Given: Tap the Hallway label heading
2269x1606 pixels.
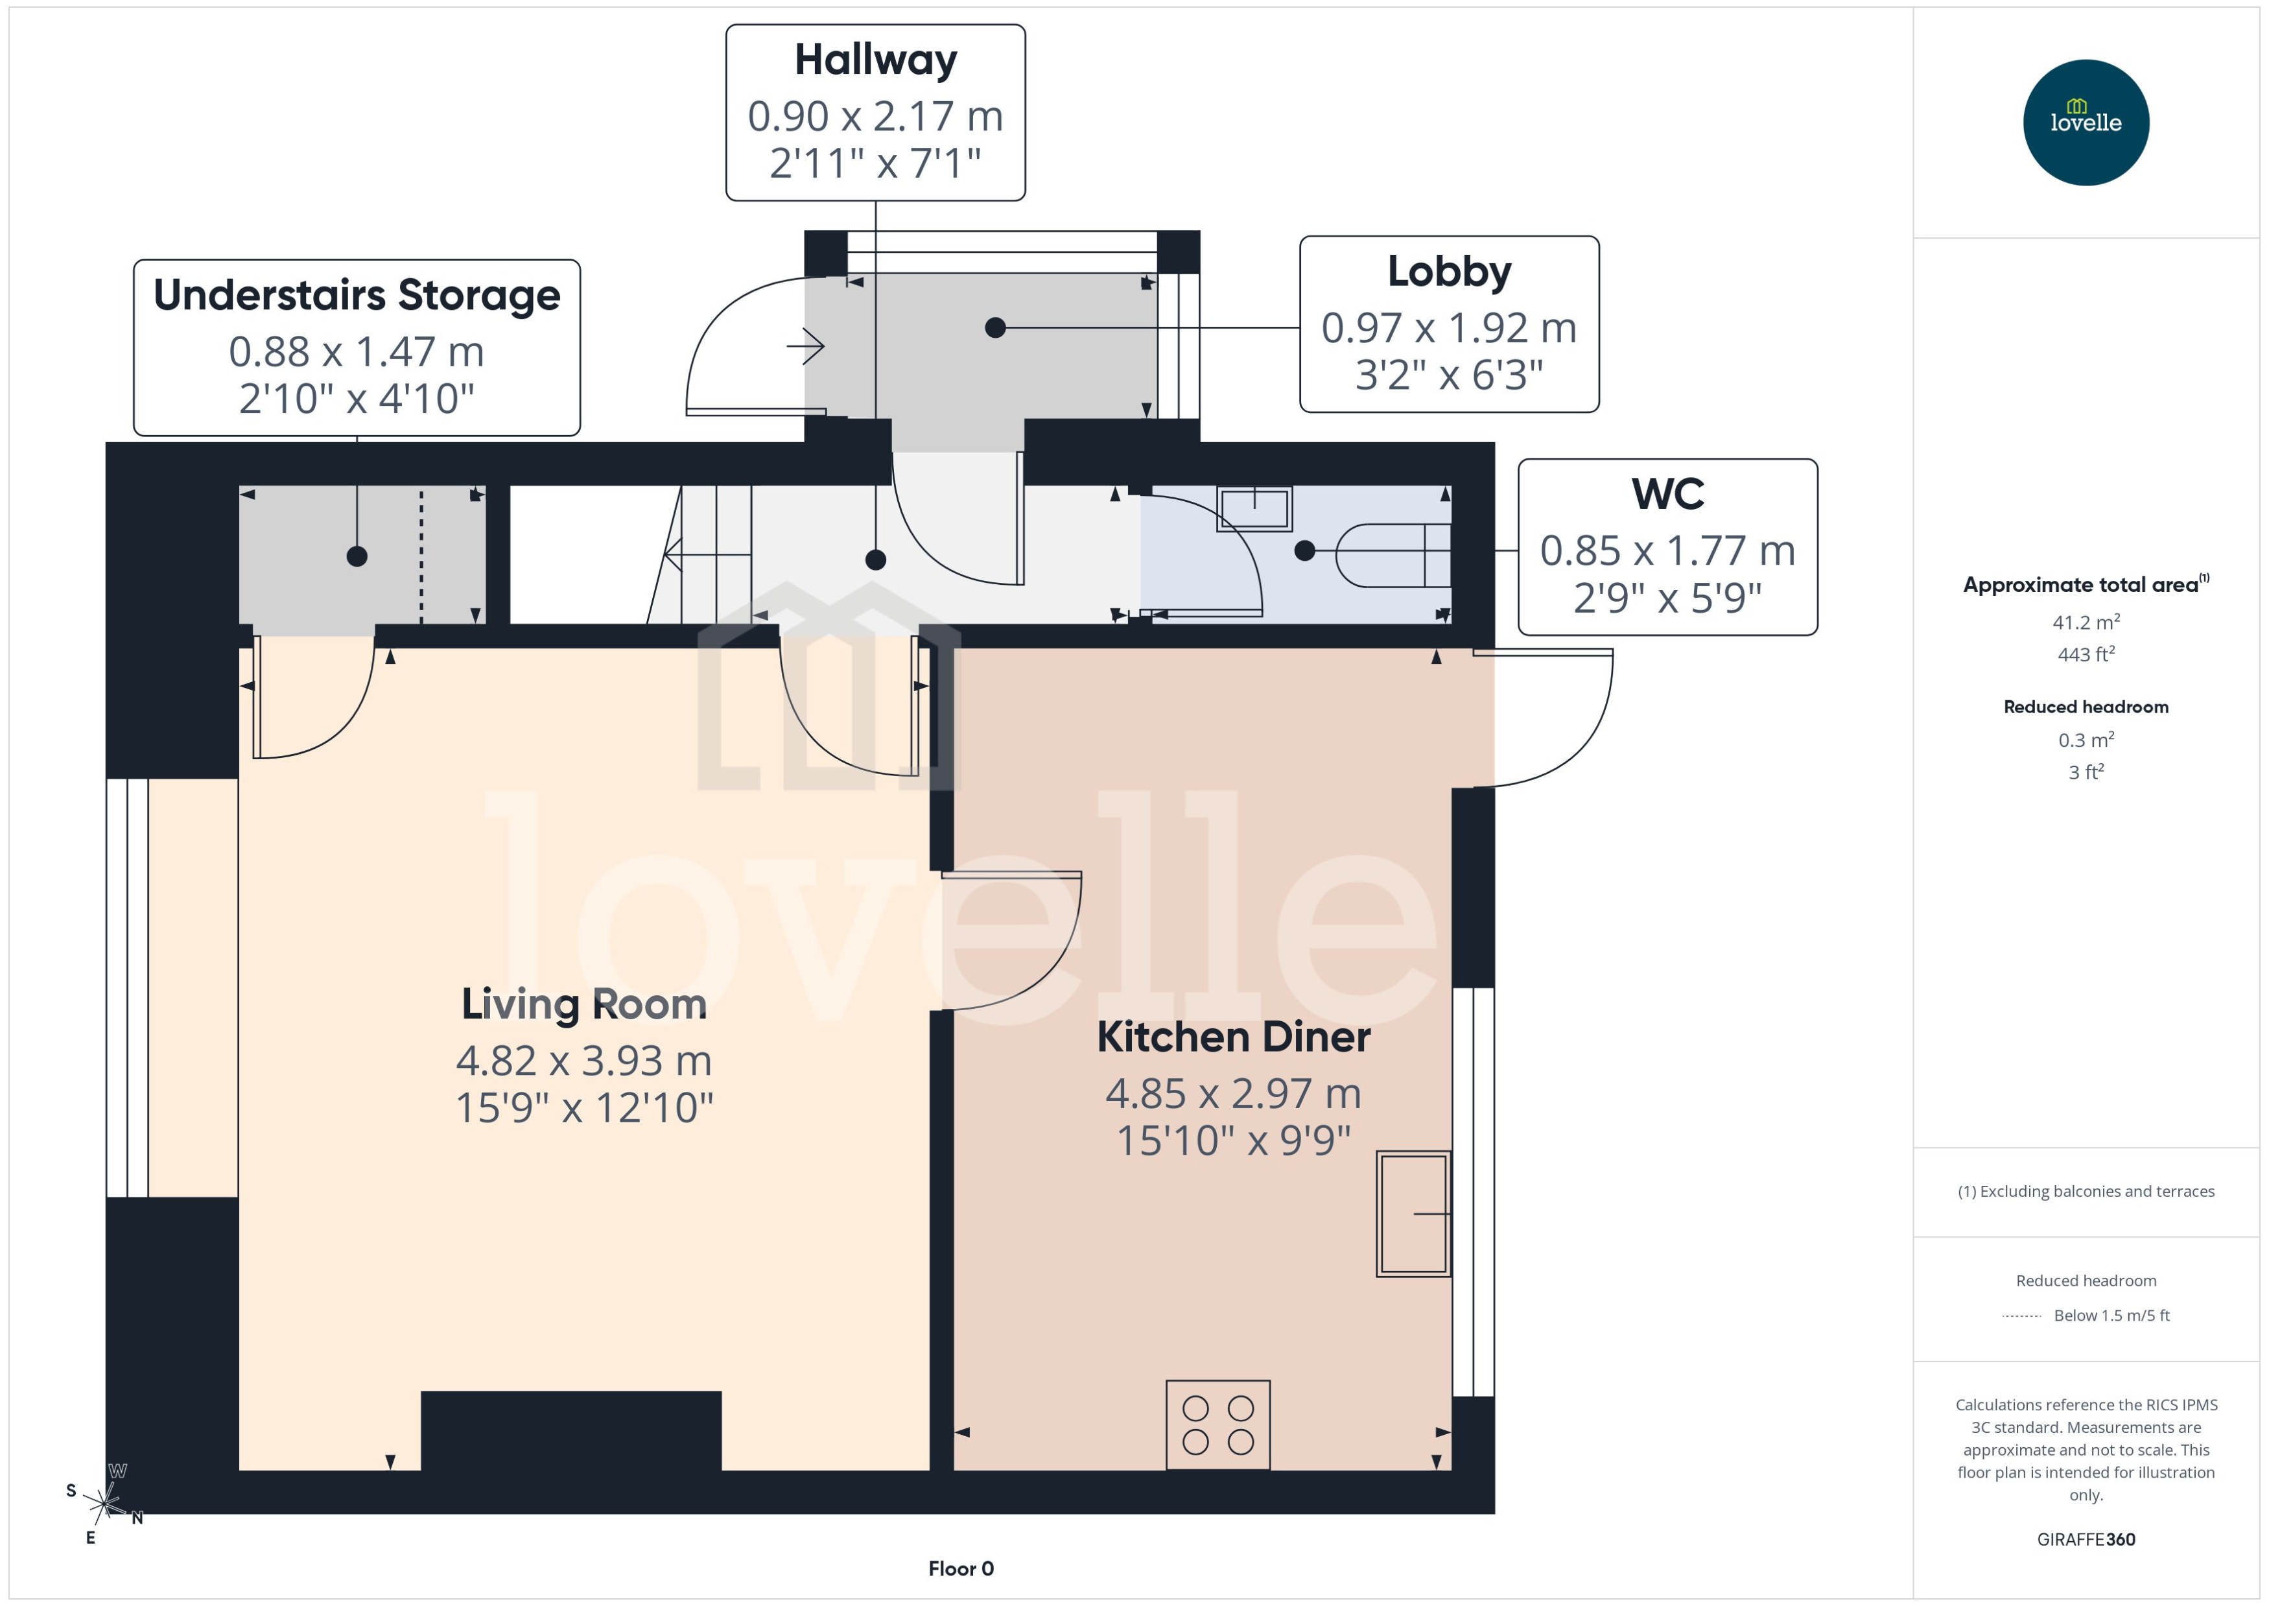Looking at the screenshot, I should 875,60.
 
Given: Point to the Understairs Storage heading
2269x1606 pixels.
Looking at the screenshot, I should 357,295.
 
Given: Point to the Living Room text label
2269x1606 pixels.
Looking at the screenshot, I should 584,1004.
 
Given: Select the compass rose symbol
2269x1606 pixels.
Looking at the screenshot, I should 105,1505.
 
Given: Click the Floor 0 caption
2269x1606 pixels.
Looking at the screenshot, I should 960,1568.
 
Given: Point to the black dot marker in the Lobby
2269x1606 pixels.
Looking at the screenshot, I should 996,327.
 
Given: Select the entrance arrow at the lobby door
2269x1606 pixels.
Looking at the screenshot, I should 806,346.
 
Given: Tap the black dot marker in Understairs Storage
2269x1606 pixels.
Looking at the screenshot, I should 357,557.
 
